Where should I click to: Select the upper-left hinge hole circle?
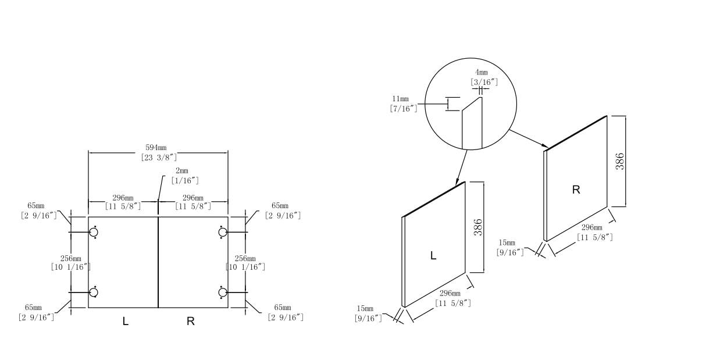(94, 233)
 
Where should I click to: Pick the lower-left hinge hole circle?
(94, 292)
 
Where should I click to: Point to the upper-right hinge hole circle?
(223, 233)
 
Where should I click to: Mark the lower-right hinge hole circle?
(223, 292)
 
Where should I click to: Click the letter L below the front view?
(126, 320)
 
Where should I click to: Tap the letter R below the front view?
(190, 320)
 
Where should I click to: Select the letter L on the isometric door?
(433, 255)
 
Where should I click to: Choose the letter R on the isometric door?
(576, 190)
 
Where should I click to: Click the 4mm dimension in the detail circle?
(481, 77)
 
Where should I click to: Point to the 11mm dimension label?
(404, 103)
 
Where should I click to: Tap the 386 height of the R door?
(620, 161)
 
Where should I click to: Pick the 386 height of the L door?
(478, 227)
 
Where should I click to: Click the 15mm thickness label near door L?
(368, 313)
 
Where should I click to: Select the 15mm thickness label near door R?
(510, 247)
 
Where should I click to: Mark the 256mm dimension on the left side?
(71, 262)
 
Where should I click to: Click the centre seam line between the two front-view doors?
(158, 262)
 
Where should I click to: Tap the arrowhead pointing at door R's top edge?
(544, 145)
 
